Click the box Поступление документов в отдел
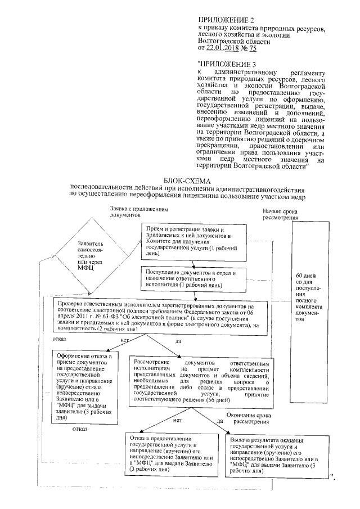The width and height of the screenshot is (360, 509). click(194, 278)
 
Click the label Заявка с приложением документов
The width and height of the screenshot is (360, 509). click(138, 211)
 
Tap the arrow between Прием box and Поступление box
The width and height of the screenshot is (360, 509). click(195, 264)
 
